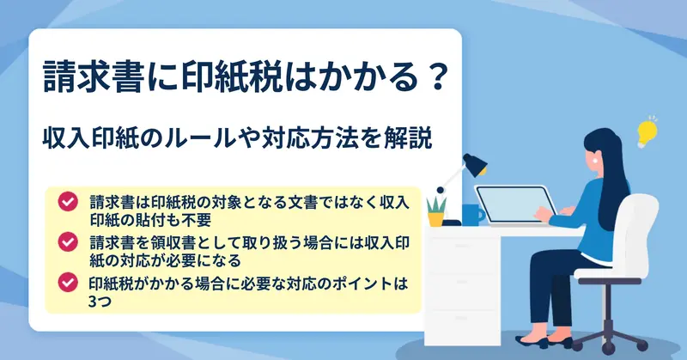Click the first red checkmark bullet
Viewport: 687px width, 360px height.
[68, 202]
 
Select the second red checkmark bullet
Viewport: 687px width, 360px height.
[68, 242]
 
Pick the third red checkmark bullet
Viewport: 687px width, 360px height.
[68, 283]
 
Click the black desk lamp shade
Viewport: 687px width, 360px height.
[475, 164]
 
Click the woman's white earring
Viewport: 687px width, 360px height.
[595, 161]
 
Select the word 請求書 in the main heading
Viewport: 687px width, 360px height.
[94, 77]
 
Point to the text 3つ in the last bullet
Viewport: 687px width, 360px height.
[100, 302]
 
